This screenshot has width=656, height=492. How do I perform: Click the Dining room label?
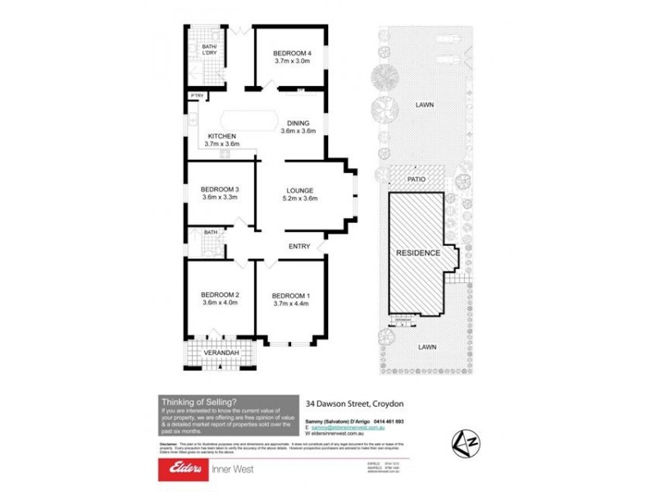298,122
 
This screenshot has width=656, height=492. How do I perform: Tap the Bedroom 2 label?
220,294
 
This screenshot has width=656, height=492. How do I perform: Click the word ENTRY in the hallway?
298,246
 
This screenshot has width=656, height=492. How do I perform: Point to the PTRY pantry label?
196,96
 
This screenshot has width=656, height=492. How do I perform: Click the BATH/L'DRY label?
209,50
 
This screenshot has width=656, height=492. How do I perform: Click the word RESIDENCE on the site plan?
418,253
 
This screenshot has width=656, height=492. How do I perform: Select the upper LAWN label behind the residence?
424,105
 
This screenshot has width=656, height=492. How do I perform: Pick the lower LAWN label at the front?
424,346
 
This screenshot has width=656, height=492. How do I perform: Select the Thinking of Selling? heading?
198,401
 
